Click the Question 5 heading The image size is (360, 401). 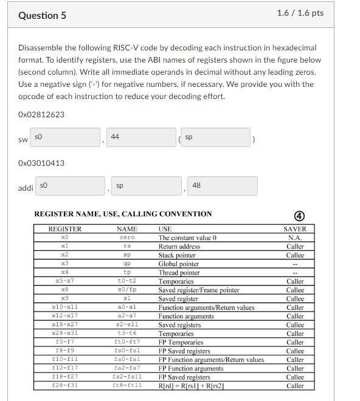42,15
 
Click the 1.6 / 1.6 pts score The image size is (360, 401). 300,13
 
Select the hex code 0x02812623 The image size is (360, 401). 41,114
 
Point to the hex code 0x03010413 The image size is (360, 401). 41,163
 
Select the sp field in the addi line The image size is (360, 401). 145,185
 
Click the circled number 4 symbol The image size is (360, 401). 299,216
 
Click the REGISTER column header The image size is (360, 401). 64,229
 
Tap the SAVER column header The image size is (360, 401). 295,229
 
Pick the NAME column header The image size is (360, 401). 127,229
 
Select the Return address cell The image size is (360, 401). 179,247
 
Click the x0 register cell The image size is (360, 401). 64,238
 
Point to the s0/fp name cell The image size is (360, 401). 127,290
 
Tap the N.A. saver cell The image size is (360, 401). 295,238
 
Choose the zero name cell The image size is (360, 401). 127,238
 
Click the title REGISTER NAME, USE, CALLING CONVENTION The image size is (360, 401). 123,214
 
